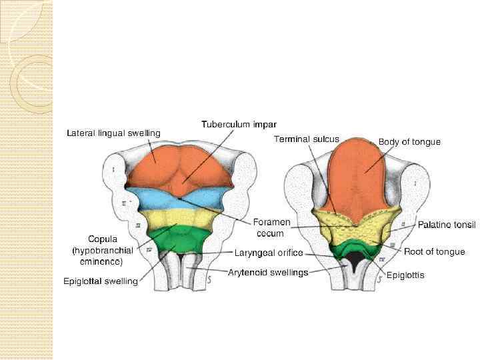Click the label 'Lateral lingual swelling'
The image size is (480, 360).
tap(113, 133)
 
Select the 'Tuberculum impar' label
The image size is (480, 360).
tap(239, 125)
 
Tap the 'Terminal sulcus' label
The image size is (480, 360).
tap(307, 139)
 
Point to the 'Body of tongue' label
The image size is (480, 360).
tap(409, 142)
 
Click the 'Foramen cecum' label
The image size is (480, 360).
tap(271, 227)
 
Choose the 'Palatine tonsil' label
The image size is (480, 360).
tap(446, 225)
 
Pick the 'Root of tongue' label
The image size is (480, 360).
tap(434, 251)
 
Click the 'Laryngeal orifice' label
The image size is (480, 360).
tap(269, 253)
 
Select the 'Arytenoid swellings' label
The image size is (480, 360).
tap(268, 272)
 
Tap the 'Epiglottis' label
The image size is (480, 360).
tap(405, 275)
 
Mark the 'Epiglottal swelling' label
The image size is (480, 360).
tap(101, 281)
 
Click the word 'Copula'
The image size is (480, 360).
tap(103, 238)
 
